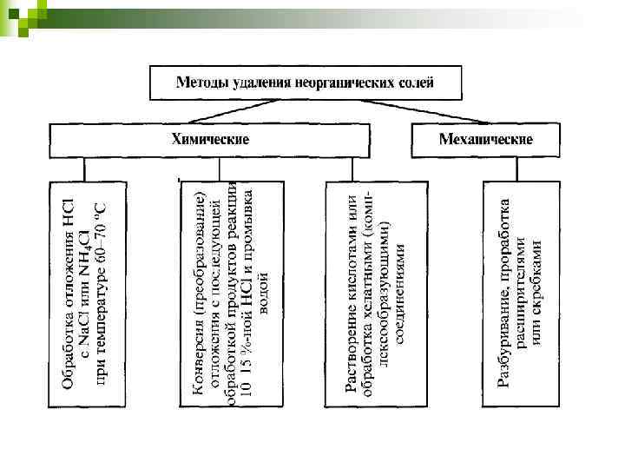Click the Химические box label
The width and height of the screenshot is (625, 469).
[209, 139]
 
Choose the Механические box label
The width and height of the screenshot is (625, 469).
[485, 139]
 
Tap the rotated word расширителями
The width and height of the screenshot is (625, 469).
[521, 274]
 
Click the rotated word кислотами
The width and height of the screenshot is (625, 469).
[352, 261]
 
